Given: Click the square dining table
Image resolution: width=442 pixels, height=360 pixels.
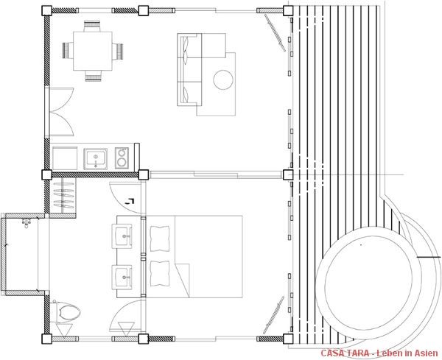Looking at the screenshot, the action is click(x=93, y=51).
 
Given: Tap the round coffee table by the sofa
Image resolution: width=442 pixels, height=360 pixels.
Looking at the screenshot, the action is click(x=223, y=80).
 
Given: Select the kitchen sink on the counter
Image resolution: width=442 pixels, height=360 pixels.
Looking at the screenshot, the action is click(x=96, y=159).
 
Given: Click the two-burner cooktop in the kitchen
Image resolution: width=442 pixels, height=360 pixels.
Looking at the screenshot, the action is click(x=122, y=158).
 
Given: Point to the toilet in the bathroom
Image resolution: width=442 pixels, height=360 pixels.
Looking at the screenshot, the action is click(x=66, y=311).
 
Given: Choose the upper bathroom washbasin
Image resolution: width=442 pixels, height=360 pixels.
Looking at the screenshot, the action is click(x=122, y=236).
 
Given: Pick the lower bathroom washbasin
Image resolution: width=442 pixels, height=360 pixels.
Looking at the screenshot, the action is click(x=122, y=278).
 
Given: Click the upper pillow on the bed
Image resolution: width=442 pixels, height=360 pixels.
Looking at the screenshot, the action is click(x=160, y=239).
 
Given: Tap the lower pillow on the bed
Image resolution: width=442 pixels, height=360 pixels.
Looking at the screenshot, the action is click(x=160, y=274).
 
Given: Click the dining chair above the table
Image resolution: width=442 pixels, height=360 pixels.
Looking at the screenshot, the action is click(x=92, y=26).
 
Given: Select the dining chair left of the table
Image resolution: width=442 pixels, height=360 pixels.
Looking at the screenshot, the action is click(x=68, y=51).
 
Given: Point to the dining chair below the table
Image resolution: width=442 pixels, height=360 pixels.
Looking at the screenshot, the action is click(x=94, y=76).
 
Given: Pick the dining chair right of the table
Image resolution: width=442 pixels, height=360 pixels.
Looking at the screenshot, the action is click(x=118, y=52).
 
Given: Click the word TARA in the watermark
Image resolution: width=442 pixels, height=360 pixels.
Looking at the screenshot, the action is click(x=358, y=353).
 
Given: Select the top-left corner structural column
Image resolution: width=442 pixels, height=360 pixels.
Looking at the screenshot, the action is click(x=46, y=11).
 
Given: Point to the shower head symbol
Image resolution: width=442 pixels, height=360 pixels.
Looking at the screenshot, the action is click(x=27, y=224).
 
